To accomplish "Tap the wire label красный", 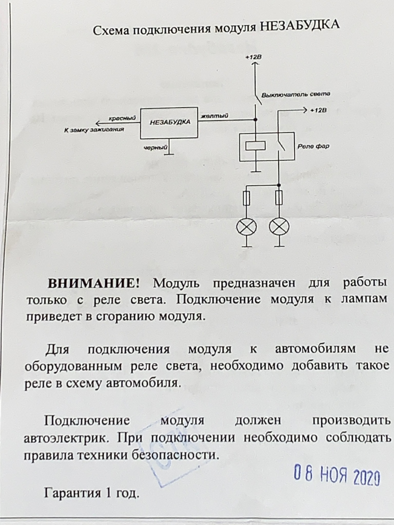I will click(122, 118).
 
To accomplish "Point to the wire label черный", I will click(155, 147).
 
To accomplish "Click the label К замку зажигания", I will click(94, 130).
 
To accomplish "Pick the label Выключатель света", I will click(295, 95).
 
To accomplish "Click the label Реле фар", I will click(313, 146).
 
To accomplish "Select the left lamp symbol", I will click(246, 227).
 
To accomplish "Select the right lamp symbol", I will click(279, 227).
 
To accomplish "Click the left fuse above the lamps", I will click(246, 198).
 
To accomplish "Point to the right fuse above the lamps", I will click(279, 197).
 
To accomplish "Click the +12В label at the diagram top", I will click(253, 57).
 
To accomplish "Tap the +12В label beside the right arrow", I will click(318, 110).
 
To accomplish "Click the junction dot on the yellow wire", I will click(255, 120).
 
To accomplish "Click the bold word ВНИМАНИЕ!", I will click(94, 284).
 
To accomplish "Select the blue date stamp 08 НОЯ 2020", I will click(337, 472).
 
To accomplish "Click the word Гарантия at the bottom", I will click(73, 492).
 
